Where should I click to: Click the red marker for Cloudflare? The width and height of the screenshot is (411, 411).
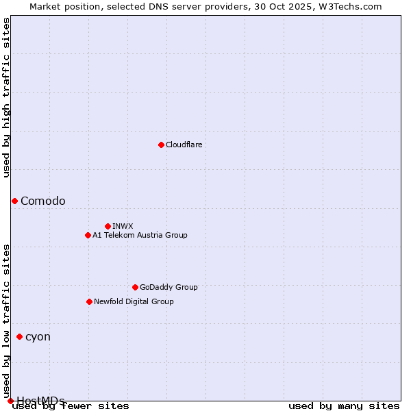(x=161, y=145)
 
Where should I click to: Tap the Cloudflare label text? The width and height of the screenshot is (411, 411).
(x=184, y=145)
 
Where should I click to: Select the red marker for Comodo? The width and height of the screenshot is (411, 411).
(x=14, y=201)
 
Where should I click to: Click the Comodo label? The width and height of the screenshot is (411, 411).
(x=43, y=201)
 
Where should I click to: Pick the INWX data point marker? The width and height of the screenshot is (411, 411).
(x=108, y=226)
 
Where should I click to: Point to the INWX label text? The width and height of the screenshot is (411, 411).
(x=123, y=227)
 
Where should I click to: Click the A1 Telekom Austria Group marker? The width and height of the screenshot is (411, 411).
(x=88, y=235)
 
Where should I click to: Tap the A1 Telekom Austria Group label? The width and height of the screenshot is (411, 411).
(x=140, y=236)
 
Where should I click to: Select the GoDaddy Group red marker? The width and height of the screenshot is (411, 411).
(x=135, y=287)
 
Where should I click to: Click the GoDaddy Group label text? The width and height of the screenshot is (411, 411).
(x=169, y=288)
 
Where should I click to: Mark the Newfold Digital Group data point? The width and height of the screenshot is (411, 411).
(x=89, y=301)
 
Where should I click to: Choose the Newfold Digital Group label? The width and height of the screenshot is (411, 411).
(x=134, y=302)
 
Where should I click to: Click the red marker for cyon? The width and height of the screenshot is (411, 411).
(x=19, y=336)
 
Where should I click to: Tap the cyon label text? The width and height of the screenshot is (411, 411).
(x=38, y=337)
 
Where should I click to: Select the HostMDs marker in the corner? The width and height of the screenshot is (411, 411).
(x=10, y=401)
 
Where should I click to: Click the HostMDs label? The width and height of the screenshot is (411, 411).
(x=40, y=401)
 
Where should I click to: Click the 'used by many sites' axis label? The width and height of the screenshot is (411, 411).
(x=344, y=406)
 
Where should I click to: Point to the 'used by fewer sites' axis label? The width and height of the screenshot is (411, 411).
(x=71, y=406)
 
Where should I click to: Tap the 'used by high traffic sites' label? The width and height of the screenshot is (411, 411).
(x=7, y=97)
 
